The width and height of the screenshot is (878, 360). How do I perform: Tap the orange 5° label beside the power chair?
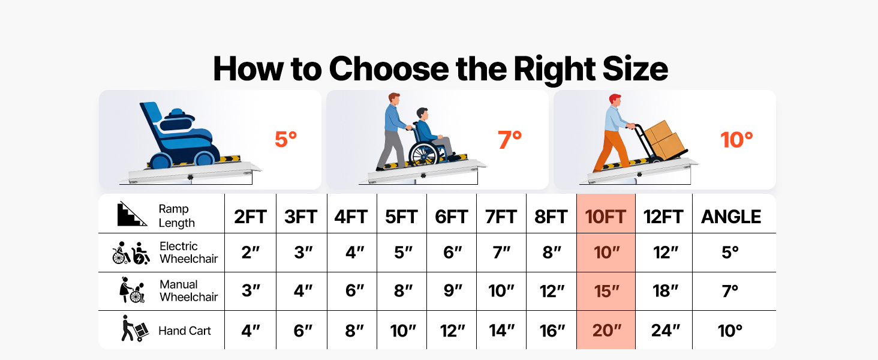(285, 139)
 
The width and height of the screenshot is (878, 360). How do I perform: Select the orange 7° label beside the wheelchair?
(510, 140)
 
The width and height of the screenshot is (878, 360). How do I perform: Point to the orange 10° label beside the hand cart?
(736, 140)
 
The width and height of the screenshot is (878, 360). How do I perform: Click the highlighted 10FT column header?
(606, 217)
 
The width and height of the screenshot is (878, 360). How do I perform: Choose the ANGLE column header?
(731, 217)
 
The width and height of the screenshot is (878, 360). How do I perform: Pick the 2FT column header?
(250, 217)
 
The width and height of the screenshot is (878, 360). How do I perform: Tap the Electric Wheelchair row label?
(188, 253)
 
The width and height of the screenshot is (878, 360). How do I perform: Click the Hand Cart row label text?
(185, 331)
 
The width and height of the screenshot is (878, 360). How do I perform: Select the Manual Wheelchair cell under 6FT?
(452, 291)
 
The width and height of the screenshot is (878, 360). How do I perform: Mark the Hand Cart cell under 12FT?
(665, 331)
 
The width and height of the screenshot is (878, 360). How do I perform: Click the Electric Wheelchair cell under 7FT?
(501, 253)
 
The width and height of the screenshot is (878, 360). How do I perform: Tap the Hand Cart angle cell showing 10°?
(730, 331)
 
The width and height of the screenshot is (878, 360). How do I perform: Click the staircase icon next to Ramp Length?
(132, 214)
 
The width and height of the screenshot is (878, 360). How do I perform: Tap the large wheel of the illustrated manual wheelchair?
(423, 154)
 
